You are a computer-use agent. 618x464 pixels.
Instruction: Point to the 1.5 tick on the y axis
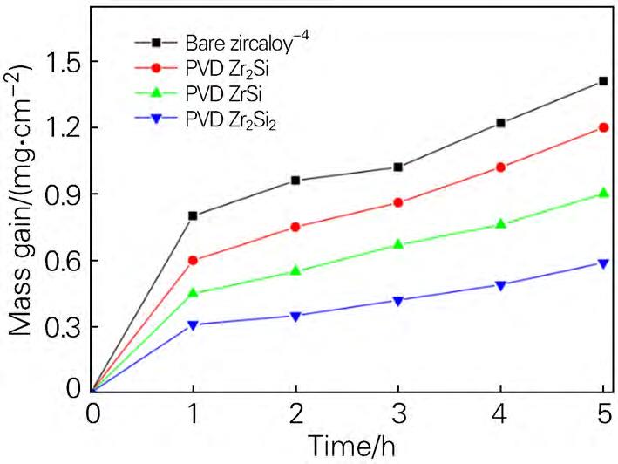54,62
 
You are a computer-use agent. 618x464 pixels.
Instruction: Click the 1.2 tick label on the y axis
54,128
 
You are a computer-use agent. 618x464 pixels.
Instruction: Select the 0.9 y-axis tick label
54,194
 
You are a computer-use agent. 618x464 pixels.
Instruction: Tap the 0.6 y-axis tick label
54,261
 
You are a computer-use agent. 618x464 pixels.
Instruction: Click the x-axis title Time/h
348,446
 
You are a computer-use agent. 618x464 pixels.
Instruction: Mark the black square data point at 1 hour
194,215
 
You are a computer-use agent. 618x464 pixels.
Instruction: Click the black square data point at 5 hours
603,81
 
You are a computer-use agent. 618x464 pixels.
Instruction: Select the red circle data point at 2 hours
296,227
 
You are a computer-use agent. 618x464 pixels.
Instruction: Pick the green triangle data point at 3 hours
398,244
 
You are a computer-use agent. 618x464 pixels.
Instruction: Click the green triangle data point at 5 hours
603,194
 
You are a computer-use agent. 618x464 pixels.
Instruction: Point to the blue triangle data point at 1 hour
194,324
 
